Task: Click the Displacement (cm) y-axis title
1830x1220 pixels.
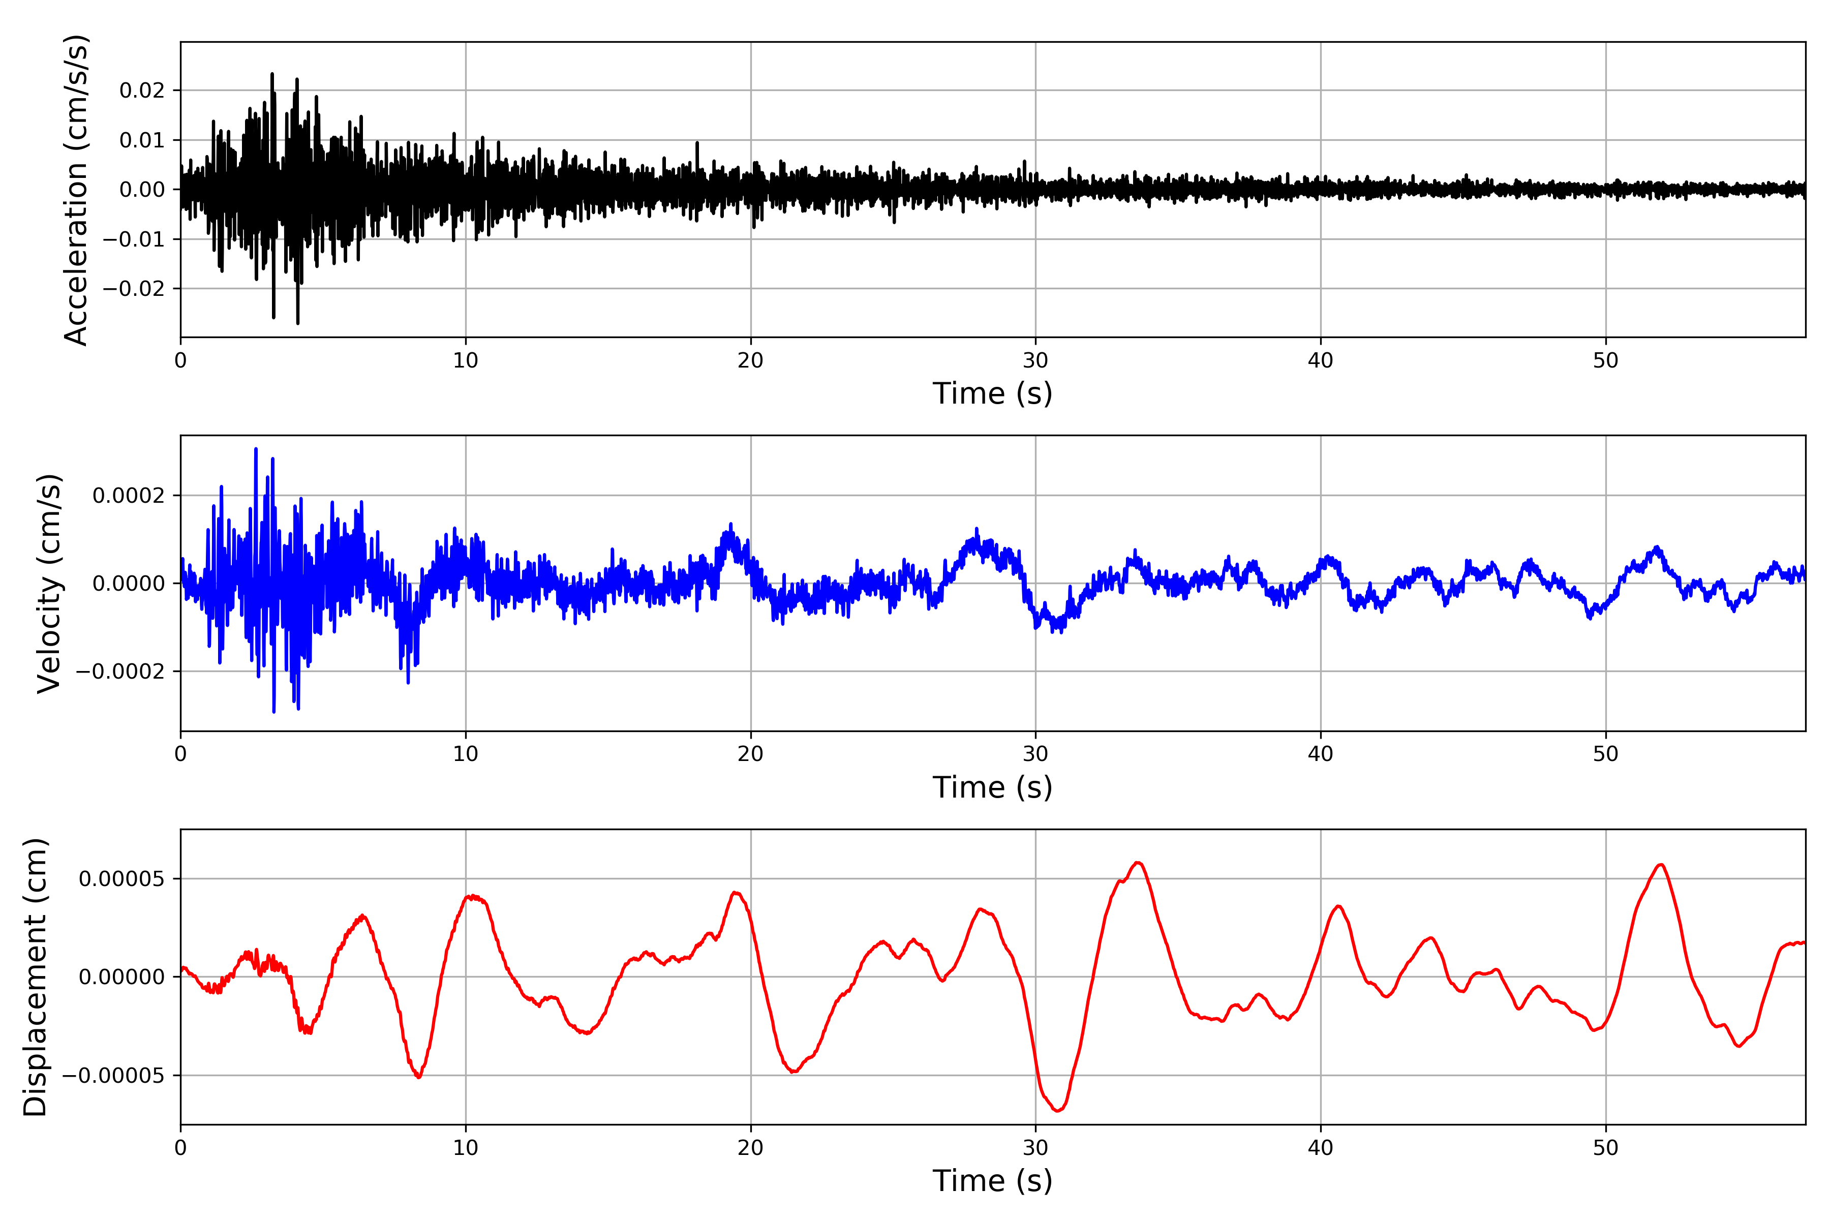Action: (x=35, y=977)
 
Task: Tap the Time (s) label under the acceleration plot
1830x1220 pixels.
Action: (x=992, y=393)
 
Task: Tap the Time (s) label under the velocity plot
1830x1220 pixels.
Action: (x=992, y=787)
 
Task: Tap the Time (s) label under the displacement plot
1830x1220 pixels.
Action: (x=992, y=1181)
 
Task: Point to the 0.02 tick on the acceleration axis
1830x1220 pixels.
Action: (x=142, y=90)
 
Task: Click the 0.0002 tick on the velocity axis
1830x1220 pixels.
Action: (x=129, y=496)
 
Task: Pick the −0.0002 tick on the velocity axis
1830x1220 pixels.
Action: (x=120, y=672)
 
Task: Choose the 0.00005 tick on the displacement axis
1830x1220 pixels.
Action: (x=121, y=879)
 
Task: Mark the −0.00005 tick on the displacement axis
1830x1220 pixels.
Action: (x=113, y=1076)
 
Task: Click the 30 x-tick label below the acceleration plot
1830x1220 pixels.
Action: (x=1035, y=361)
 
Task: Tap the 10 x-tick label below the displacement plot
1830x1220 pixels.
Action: (x=465, y=1148)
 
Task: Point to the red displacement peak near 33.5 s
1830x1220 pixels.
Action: (x=1138, y=863)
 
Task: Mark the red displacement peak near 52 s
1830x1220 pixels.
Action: (x=1660, y=865)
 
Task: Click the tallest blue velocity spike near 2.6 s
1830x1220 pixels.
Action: (x=256, y=450)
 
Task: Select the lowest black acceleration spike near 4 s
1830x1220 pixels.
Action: (x=298, y=322)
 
